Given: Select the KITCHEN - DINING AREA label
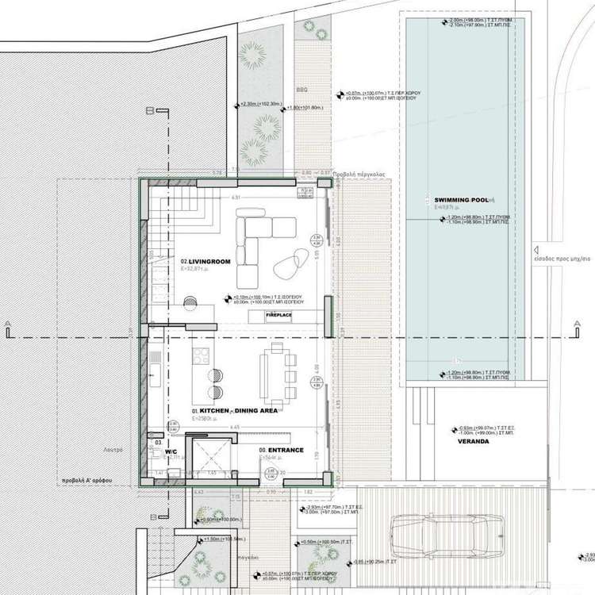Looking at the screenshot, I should pyautogui.click(x=233, y=411).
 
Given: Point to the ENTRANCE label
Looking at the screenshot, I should pyautogui.click(x=282, y=450).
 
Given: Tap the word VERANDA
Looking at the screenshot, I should pyautogui.click(x=473, y=441).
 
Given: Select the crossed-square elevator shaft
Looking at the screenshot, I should pyautogui.click(x=207, y=458).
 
